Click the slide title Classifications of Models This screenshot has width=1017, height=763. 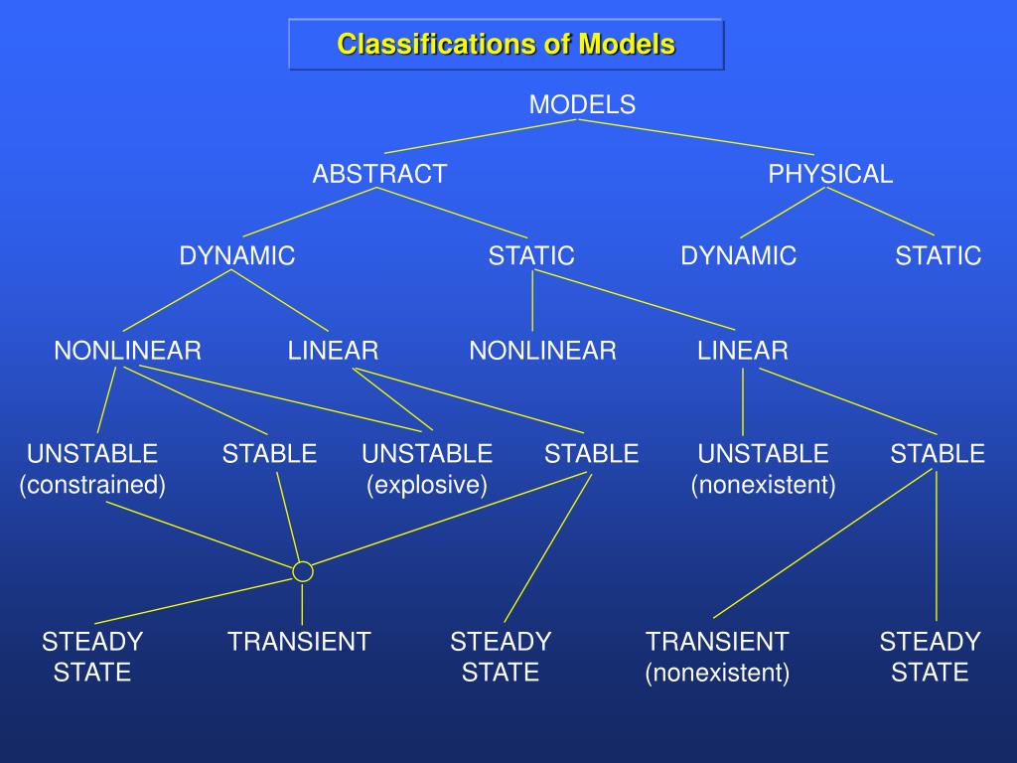pyautogui.click(x=506, y=45)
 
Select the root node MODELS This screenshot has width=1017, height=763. pyautogui.click(x=582, y=104)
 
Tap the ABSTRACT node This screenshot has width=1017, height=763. pyautogui.click(x=379, y=174)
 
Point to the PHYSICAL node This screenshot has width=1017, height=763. pyautogui.click(x=830, y=174)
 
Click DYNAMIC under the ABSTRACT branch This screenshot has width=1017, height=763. pyautogui.click(x=237, y=255)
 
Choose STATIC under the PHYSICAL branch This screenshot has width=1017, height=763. pyautogui.click(x=938, y=255)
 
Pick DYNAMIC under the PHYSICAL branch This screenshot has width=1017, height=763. pyautogui.click(x=738, y=255)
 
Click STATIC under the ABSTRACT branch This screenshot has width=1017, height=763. pyautogui.click(x=531, y=255)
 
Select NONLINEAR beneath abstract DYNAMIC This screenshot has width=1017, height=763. pyautogui.click(x=128, y=350)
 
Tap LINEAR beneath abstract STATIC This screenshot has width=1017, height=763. pyautogui.click(x=743, y=350)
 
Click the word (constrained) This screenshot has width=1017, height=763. pyautogui.click(x=92, y=485)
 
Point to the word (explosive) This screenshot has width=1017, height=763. pyautogui.click(x=427, y=485)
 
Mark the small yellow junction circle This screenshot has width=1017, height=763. pyautogui.click(x=303, y=571)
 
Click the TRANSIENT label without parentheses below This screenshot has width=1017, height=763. pyautogui.click(x=299, y=641)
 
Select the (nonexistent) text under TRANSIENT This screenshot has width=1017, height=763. pyautogui.click(x=717, y=673)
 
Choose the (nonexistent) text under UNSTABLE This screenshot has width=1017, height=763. pyautogui.click(x=763, y=485)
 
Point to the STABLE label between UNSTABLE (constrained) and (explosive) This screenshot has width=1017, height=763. pyautogui.click(x=269, y=454)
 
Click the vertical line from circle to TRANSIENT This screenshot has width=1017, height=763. pyautogui.click(x=302, y=603)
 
